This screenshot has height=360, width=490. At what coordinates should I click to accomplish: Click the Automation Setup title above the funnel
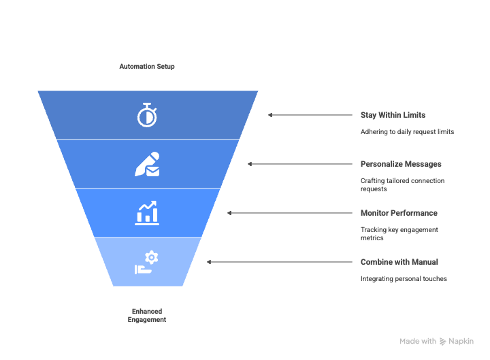point(147,67)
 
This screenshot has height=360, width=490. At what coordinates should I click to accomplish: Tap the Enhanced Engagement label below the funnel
point(147,315)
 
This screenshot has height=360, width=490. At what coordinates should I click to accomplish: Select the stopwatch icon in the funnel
point(147,115)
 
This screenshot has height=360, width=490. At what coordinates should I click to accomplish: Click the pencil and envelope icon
point(147,164)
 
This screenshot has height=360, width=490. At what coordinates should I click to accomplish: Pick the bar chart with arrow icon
point(147,212)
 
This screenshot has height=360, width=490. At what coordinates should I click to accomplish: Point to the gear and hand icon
point(147,262)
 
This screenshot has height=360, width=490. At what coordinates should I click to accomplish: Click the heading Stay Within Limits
point(393,115)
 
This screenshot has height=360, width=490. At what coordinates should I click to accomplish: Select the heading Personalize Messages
point(401,164)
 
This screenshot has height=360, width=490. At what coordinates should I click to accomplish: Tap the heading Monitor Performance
point(399,213)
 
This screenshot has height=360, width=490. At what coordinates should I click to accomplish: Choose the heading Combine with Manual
point(399,262)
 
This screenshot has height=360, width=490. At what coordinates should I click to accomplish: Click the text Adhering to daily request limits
point(407,131)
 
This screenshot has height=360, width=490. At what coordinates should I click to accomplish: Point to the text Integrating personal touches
point(404,278)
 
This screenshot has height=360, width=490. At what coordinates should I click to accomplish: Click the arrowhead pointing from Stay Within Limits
point(270,115)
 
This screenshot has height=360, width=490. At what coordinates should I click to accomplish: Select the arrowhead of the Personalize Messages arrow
point(250,164)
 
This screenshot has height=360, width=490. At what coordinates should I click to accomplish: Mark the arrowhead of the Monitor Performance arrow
point(229,213)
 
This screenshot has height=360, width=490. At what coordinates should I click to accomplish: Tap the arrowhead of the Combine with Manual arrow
point(209,262)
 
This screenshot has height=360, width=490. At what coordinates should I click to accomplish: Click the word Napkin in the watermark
point(461,342)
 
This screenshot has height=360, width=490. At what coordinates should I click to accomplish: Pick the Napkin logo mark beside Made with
point(443,342)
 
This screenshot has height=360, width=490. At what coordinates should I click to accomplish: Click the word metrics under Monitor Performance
point(372,238)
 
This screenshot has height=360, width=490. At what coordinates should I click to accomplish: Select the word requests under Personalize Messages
point(374,189)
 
